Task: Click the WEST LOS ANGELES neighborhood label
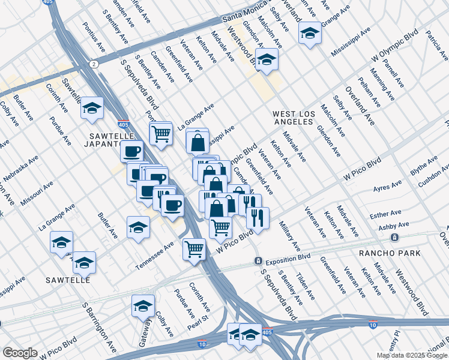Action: pyautogui.click(x=293, y=117)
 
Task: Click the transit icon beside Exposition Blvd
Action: pyautogui.click(x=258, y=261)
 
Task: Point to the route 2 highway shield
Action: pyautogui.click(x=94, y=63)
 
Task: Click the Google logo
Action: pyautogui.click(x=20, y=353)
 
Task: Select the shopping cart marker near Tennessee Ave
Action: pyautogui.click(x=194, y=248)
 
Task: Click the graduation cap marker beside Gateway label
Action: pyautogui.click(x=143, y=306)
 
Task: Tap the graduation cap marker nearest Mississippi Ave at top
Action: pyautogui.click(x=310, y=33)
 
